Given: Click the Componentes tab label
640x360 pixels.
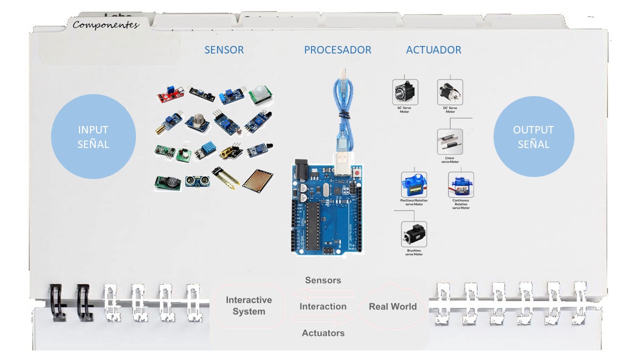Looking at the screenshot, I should click(105, 24).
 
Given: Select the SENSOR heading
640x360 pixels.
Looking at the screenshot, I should click(224, 50).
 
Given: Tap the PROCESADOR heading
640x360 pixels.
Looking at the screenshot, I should click(337, 50).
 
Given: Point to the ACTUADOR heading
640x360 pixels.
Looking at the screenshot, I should click(433, 50).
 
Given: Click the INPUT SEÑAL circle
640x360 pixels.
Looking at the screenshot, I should click(93, 136).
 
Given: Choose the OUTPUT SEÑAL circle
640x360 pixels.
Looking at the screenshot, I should click(533, 136).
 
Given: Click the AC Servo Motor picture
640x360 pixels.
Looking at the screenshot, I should click(404, 91).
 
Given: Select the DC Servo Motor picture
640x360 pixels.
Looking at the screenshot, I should click(449, 92).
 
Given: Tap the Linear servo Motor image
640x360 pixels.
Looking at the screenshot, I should click(449, 142).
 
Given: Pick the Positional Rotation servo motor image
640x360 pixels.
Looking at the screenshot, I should click(413, 184).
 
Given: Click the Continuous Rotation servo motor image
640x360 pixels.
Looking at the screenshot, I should click(460, 184).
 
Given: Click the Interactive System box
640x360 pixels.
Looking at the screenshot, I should click(248, 305).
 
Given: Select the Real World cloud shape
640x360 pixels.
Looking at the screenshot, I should click(392, 306).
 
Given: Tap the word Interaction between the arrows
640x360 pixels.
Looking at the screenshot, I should click(323, 306).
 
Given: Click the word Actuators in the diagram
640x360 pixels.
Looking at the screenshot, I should click(323, 333).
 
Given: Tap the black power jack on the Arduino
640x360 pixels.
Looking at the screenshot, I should click(301, 168).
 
